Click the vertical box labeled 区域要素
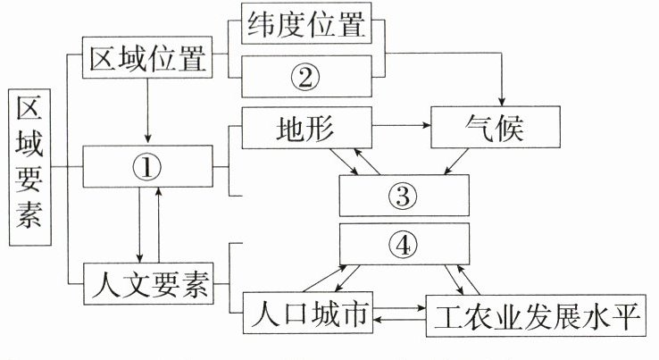pos(29,166)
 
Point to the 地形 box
pos(304,129)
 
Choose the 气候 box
pos(496,129)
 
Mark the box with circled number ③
pos(405,195)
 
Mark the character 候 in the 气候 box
pos(519,129)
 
